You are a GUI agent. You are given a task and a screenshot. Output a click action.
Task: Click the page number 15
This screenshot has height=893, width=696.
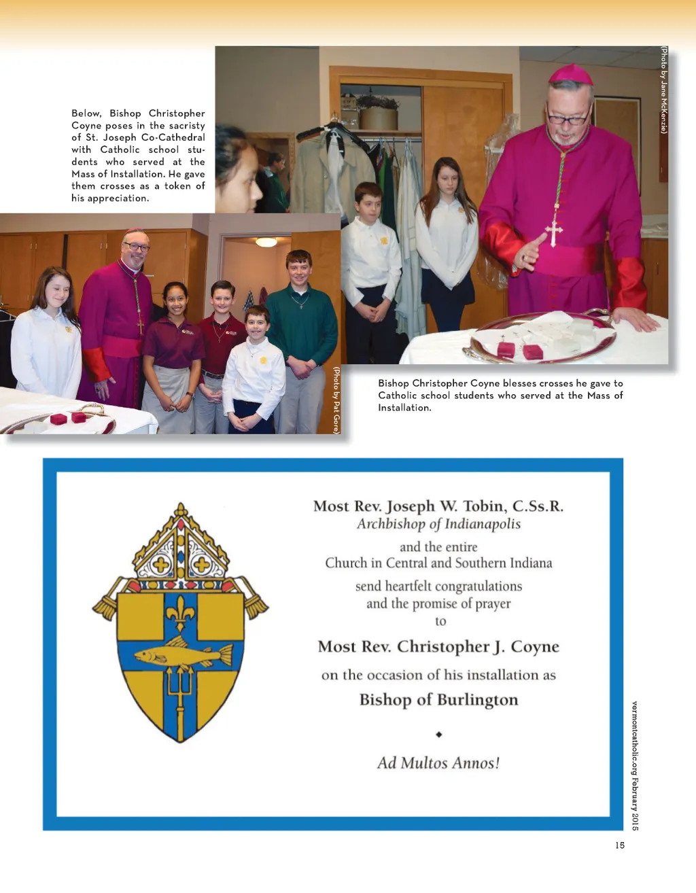coord(619,845)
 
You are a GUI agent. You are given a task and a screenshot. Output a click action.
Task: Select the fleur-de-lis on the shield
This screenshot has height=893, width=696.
coord(180,612)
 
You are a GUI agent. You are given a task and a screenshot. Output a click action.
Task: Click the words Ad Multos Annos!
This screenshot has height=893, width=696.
coord(438,763)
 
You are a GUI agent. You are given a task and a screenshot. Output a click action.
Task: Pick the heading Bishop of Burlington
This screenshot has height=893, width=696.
coord(438,700)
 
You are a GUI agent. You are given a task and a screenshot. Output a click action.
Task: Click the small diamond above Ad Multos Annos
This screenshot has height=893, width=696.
coord(439,735)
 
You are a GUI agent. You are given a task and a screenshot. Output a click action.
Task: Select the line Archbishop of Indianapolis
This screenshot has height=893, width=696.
coord(438,524)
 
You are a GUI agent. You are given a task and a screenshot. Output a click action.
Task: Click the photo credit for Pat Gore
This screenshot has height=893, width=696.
coord(336,400)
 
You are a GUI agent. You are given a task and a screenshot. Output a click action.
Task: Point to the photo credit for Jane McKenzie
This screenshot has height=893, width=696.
coord(664,90)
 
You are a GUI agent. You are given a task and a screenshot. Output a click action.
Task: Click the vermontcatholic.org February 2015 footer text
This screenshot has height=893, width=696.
coord(635,765)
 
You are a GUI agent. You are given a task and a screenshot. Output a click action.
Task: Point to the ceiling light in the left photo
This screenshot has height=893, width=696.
coord(266,242)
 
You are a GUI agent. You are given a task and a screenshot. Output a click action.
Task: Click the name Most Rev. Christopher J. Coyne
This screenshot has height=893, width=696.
coord(438,646)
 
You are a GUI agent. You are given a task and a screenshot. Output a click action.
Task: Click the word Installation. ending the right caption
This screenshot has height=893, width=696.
coord(404,408)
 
